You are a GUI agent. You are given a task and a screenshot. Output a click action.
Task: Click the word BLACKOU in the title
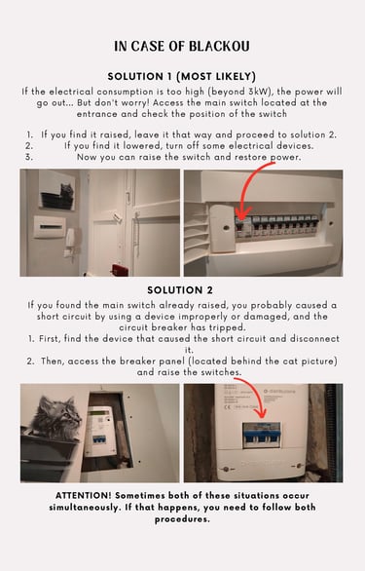tap(219, 46)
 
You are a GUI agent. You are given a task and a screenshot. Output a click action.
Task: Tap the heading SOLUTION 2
tap(180, 290)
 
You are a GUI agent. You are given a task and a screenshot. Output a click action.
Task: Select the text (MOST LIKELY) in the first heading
tap(216, 76)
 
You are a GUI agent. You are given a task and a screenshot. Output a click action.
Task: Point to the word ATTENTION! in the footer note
tap(84, 496)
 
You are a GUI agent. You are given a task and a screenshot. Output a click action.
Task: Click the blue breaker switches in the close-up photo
tap(262, 435)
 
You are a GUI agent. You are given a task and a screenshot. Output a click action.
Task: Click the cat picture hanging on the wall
tap(57, 189)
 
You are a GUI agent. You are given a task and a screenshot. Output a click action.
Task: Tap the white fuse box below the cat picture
tap(50, 226)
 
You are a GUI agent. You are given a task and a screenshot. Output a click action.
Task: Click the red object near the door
tap(120, 270)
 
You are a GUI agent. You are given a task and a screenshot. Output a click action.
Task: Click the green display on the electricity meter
tap(99, 414)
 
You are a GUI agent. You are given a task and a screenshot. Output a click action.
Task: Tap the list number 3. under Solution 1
tap(29, 157)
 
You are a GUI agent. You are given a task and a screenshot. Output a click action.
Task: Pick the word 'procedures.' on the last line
tap(182, 519)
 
